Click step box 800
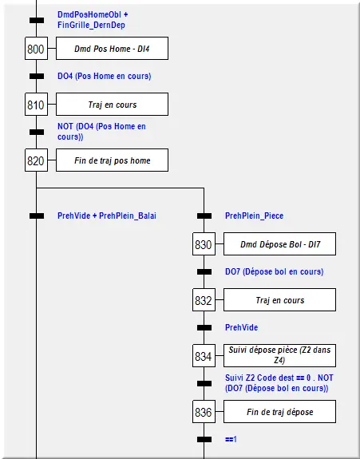coord(36,49)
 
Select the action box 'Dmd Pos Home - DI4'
coord(112,49)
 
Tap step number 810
coord(36,105)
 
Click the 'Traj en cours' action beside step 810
coord(112,105)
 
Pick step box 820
coord(36,160)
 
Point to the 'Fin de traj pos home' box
coord(112,160)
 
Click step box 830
coord(204,244)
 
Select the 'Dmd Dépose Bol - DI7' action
coord(280,244)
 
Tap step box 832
coord(204,300)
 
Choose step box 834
coord(204,356)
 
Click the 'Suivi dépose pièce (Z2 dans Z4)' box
coord(280,356)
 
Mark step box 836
coord(204,412)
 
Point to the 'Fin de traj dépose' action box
coord(280,412)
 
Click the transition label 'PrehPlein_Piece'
coord(255,216)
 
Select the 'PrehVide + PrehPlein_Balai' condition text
coord(107,216)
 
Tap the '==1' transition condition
coord(231,439)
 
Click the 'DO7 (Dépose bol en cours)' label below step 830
coord(275,271)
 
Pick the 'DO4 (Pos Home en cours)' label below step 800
coord(105,76)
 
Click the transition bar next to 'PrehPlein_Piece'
coord(204,216)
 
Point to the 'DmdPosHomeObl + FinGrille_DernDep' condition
coord(93,20)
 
